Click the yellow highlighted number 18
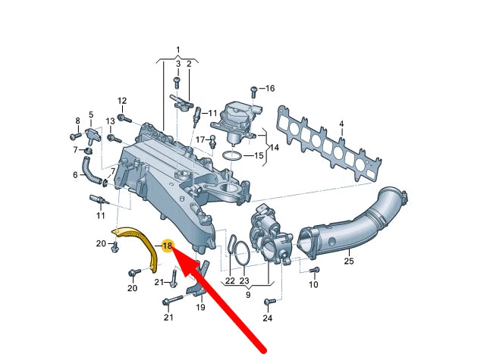[x=168, y=246]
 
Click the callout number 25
[x=348, y=261]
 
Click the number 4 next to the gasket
[x=341, y=123]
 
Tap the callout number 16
[x=268, y=89]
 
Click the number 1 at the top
[x=178, y=50]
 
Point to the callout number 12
[x=122, y=101]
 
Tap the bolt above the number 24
[x=267, y=303]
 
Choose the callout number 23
[x=244, y=280]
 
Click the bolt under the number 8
[x=75, y=136]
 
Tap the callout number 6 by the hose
[x=75, y=175]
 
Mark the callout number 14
[x=275, y=148]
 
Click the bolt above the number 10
[x=314, y=269]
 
